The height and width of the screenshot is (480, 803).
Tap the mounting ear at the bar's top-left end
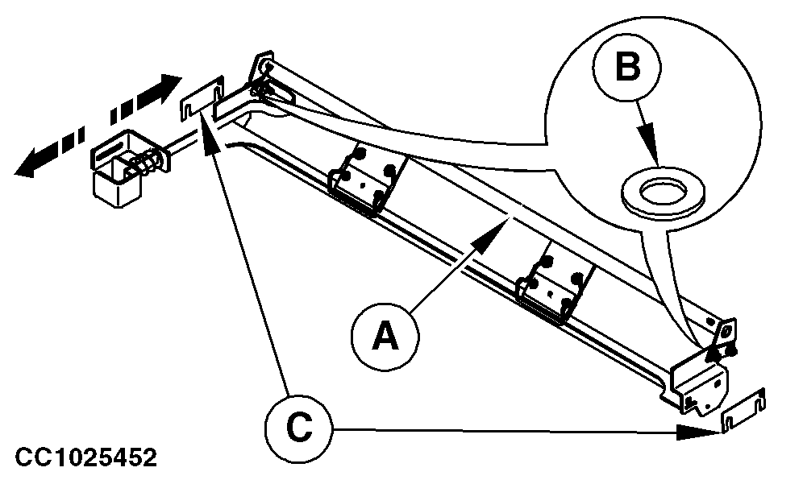coord(264,66)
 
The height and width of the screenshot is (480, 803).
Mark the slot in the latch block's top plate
coord(113,147)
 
